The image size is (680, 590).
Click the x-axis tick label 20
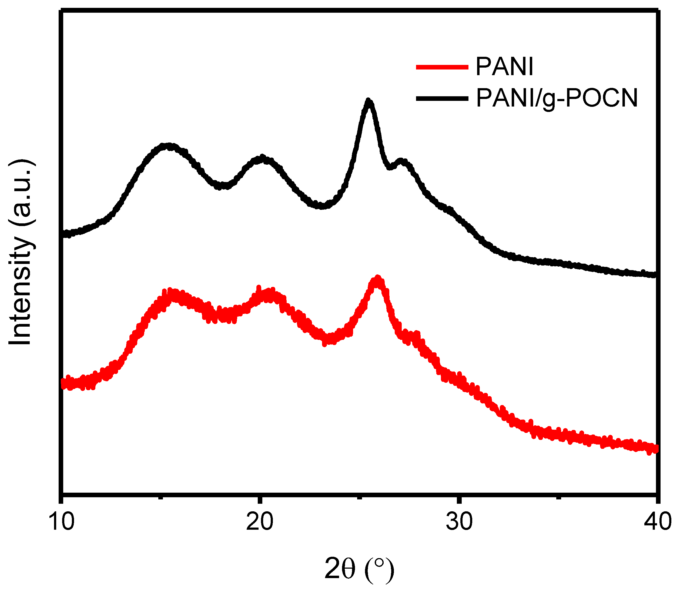coord(260,522)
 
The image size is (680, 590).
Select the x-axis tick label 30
coord(459,522)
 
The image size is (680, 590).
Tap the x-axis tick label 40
coord(657,522)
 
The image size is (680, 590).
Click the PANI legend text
coord(504,67)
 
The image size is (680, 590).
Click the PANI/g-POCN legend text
coord(557,98)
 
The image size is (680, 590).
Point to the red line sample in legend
coord(442,67)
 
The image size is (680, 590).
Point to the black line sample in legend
coord(442,98)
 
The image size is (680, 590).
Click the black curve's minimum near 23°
coord(321,206)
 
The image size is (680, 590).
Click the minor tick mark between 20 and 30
coord(360,498)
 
